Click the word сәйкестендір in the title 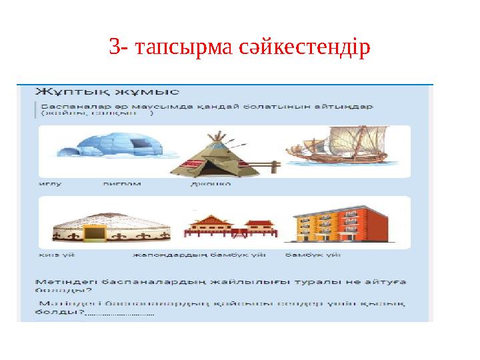click(x=304, y=48)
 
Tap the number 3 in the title click(x=114, y=48)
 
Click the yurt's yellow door click(x=95, y=234)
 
